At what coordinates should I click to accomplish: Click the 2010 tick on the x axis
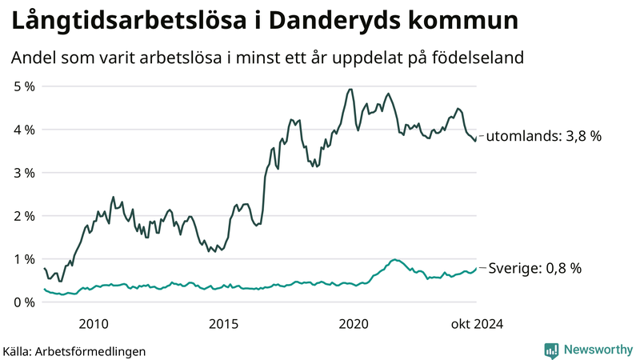click(x=94, y=323)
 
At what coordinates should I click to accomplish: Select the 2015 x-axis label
click(x=223, y=323)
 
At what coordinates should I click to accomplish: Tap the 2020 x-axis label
click(x=354, y=323)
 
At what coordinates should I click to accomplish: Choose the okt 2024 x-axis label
click(x=478, y=323)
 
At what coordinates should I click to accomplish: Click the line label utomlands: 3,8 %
click(x=543, y=136)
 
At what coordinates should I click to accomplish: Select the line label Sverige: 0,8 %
click(x=534, y=269)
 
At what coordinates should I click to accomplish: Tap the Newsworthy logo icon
click(x=551, y=350)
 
